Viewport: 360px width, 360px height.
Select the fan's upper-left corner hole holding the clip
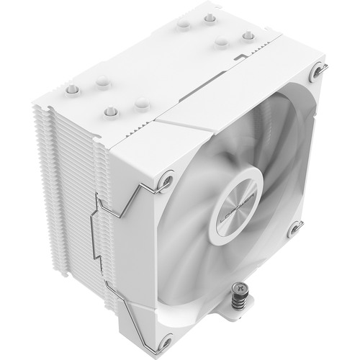pyautogui.click(x=167, y=174)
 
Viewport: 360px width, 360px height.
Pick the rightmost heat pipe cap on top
pyautogui.click(x=248, y=35)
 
